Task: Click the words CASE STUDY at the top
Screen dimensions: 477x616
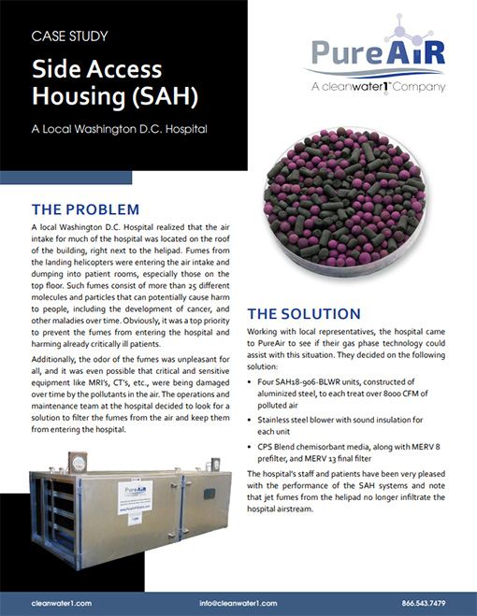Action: coord(70,37)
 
